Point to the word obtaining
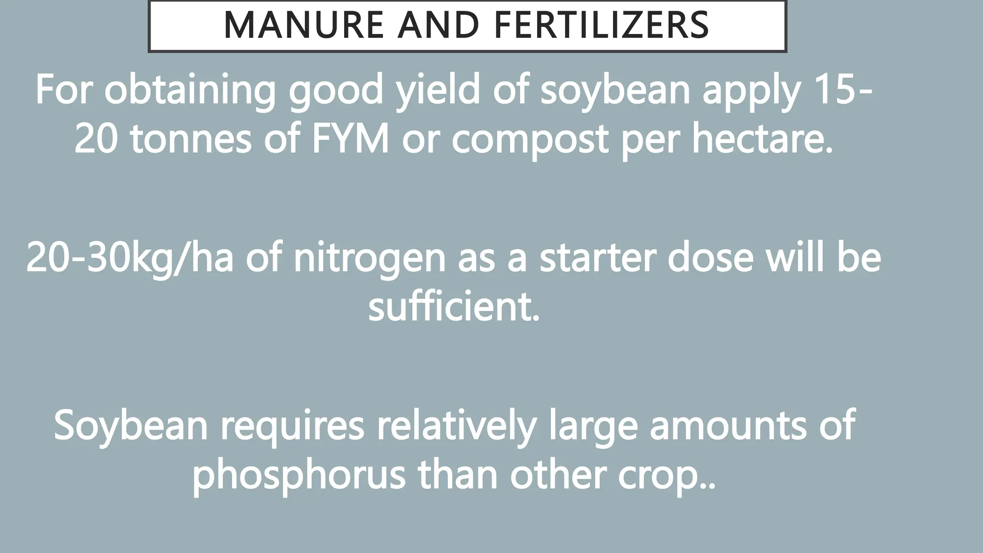tap(190, 90)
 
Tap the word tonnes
tap(191, 139)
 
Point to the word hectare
tap(762, 139)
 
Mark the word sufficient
tap(454, 307)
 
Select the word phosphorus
tap(299, 475)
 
